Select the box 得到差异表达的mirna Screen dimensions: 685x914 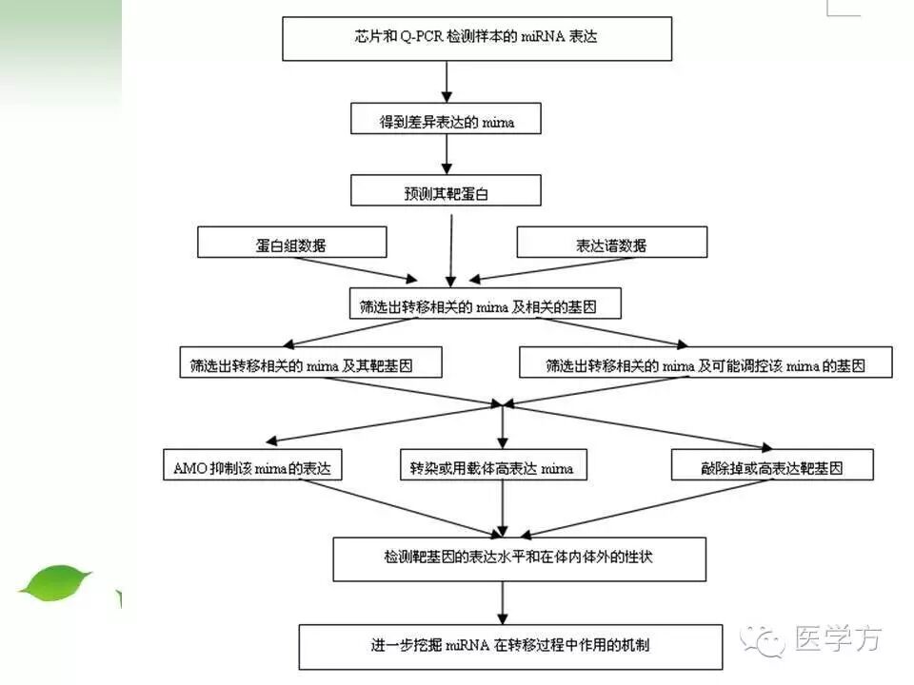(447, 122)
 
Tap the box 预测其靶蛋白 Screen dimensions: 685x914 (447, 191)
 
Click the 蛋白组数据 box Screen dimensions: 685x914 (291, 243)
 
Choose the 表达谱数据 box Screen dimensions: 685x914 (611, 243)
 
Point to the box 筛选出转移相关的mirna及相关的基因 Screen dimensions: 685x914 (485, 304)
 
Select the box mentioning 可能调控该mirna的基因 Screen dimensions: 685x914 (705, 363)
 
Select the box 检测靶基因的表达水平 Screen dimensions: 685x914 (519, 558)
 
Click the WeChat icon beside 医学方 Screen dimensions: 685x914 (766, 640)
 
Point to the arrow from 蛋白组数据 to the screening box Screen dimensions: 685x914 (362, 271)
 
